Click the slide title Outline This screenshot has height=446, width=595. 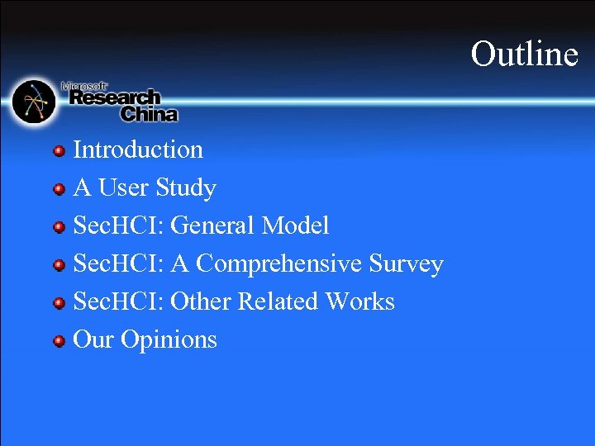click(524, 54)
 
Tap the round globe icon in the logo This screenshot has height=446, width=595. click(34, 102)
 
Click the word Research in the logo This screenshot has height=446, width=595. click(114, 98)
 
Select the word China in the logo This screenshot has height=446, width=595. click(149, 114)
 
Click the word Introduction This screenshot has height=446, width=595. click(138, 149)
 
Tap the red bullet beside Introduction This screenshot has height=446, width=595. click(59, 150)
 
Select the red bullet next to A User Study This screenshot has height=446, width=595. click(59, 189)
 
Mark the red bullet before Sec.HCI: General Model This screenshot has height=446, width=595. click(59, 226)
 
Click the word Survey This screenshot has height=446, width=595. click(406, 264)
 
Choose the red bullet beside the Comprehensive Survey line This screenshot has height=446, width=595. click(59, 265)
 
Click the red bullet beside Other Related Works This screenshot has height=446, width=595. click(59, 303)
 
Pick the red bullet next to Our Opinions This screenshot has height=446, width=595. click(59, 341)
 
